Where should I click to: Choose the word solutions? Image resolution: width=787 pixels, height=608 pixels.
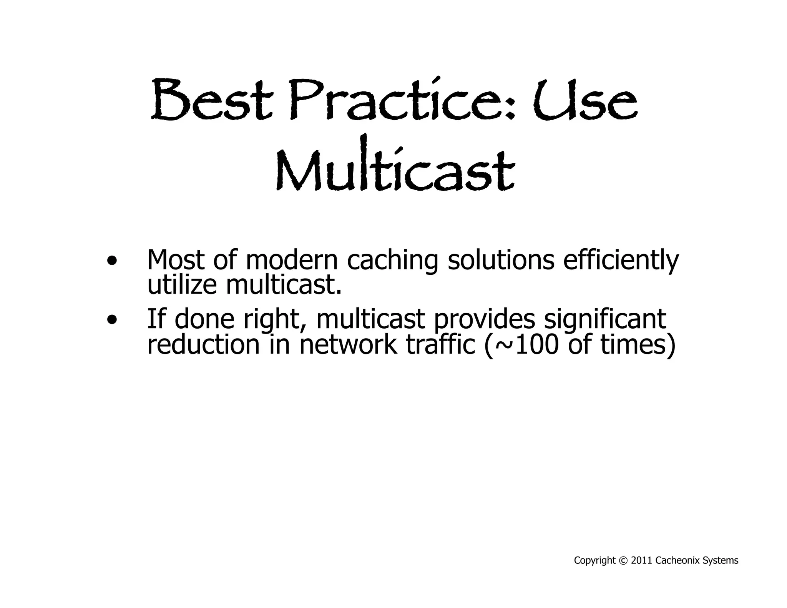(501, 260)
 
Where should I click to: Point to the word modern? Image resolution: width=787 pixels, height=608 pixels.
(291, 260)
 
